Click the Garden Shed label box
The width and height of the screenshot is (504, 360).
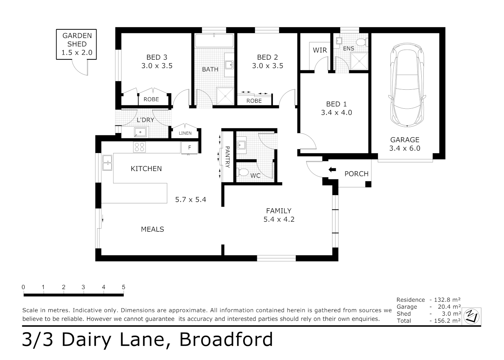click(x=76, y=44)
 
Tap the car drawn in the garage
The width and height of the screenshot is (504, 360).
click(x=407, y=85)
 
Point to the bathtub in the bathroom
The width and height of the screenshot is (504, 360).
click(x=214, y=41)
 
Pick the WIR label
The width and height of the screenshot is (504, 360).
click(x=319, y=50)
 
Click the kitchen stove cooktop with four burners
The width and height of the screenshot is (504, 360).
click(x=139, y=147)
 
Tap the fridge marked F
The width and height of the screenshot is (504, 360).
click(x=190, y=148)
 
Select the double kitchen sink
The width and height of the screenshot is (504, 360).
click(x=107, y=163)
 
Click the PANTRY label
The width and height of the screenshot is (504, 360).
click(x=228, y=157)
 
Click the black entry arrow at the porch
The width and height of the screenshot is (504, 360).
click(x=332, y=170)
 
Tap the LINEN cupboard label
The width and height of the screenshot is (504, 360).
click(x=185, y=133)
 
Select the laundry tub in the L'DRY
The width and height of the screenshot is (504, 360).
click(x=140, y=132)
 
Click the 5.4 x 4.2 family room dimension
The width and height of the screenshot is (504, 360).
click(x=279, y=219)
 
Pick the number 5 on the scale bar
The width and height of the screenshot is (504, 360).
click(x=123, y=287)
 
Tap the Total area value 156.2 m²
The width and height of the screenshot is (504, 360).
click(x=447, y=321)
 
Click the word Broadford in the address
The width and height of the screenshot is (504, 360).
click(x=226, y=339)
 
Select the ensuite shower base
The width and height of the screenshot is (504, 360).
click(x=358, y=61)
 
